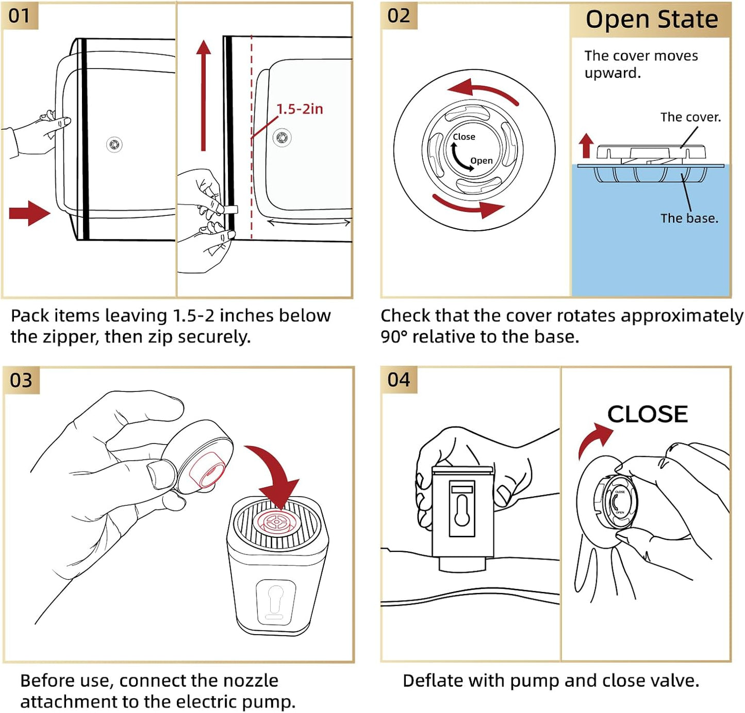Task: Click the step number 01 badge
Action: pyautogui.click(x=20, y=16)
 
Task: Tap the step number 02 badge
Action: pyautogui.click(x=399, y=16)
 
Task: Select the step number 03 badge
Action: pyautogui.click(x=22, y=381)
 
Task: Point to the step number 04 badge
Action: pyautogui.click(x=399, y=380)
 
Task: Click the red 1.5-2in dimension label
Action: pyautogui.click(x=300, y=109)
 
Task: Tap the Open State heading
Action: pyautogui.click(x=652, y=20)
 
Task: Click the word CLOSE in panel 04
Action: pyautogui.click(x=648, y=414)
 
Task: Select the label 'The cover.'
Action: pyautogui.click(x=691, y=117)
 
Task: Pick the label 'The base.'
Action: pyautogui.click(x=689, y=218)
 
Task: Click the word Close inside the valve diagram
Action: pyautogui.click(x=464, y=137)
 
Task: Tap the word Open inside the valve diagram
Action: pyautogui.click(x=482, y=161)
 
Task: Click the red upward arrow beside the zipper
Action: pyautogui.click(x=203, y=95)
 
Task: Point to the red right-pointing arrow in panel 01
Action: pyautogui.click(x=29, y=213)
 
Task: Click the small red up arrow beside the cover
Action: pyautogui.click(x=586, y=146)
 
